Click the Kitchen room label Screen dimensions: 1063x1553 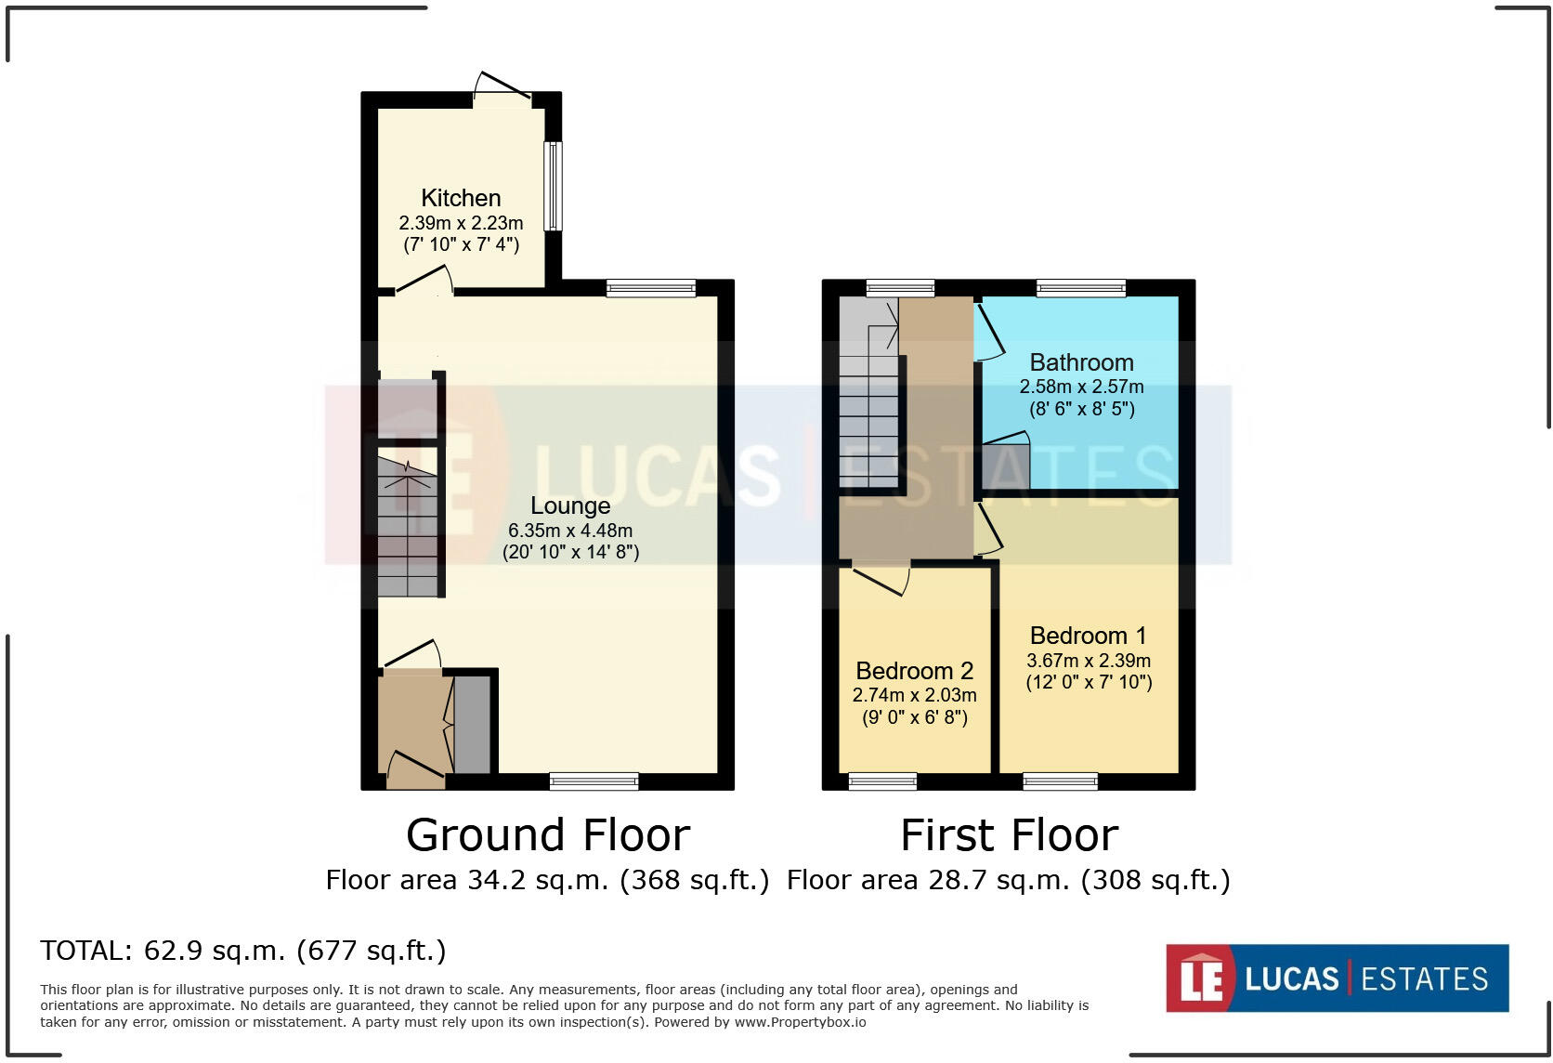coord(461,198)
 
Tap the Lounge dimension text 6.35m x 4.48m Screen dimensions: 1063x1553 coord(569,531)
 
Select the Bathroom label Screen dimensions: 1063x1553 coord(1081,362)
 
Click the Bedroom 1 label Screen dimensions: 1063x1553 coord(1088,636)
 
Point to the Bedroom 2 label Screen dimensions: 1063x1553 coord(914,671)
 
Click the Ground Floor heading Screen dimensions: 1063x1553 coord(548,834)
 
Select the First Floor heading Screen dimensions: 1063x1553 coord(1009,834)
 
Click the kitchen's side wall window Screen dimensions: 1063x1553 coord(553,186)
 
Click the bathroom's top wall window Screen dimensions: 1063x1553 coord(1081,288)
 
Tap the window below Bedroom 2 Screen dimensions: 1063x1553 coord(882,781)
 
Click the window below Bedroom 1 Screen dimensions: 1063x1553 coord(1060,781)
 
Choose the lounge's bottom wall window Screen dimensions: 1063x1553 coord(594,781)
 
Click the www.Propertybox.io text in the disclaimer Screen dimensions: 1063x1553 coord(800,1022)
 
